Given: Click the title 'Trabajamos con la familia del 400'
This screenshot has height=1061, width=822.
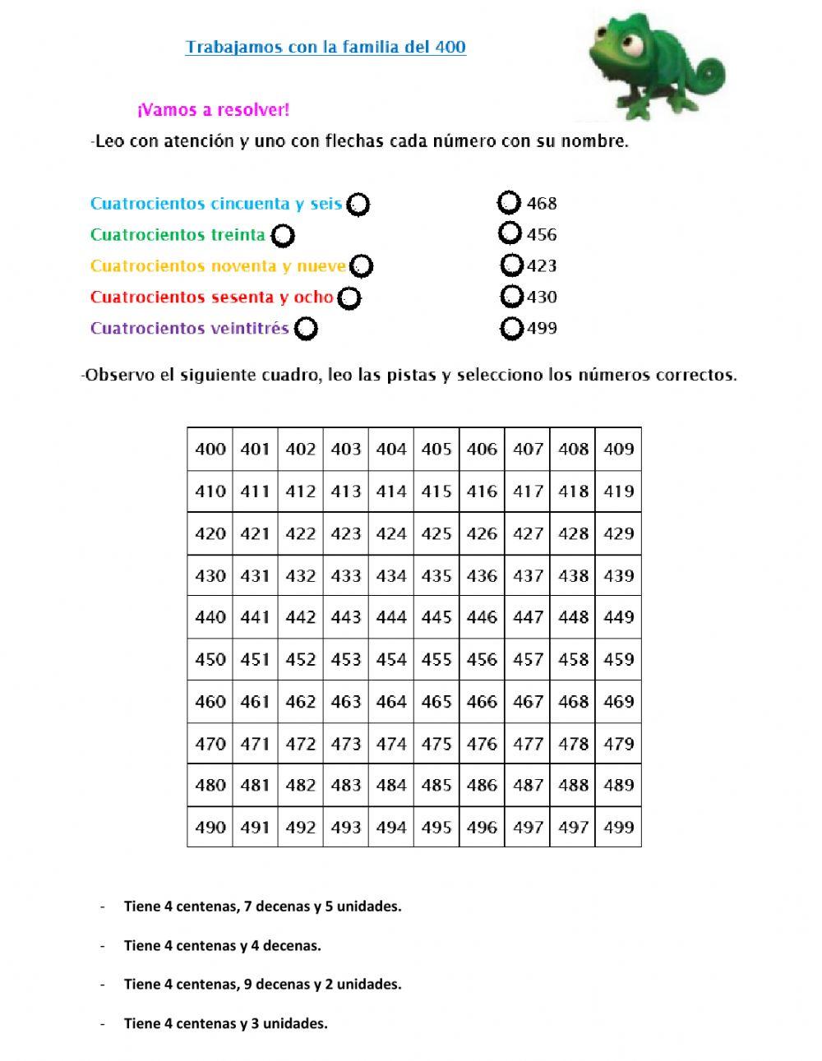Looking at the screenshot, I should click(326, 47).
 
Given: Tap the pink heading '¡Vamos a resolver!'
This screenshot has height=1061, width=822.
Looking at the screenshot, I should click(214, 109).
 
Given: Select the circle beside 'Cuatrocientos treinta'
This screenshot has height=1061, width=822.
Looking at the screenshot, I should click(283, 236).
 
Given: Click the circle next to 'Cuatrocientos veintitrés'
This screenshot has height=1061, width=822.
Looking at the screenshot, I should click(306, 329).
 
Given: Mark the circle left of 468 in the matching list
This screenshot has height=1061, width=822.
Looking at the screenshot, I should click(510, 202).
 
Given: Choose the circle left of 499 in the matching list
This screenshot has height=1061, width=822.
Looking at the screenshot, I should click(512, 329).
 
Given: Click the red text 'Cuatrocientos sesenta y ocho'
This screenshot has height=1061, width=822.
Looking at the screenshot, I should click(211, 297).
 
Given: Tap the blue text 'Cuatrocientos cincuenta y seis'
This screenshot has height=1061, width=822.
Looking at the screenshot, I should click(215, 203).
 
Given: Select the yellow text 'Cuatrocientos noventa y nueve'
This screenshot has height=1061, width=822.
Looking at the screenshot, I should click(218, 265).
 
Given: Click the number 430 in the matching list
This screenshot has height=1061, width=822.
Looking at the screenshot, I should click(542, 297).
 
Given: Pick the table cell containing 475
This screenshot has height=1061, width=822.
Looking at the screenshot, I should click(436, 744).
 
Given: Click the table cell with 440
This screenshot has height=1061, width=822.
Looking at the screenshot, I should click(210, 617).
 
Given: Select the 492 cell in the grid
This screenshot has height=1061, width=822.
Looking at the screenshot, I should click(301, 828).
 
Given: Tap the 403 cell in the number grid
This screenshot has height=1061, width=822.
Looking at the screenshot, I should click(346, 449).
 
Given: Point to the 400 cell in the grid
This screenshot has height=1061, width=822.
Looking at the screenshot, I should click(210, 449).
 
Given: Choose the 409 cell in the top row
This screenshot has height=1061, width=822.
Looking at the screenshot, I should click(618, 449).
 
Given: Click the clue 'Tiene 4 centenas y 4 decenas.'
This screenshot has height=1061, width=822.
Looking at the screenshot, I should click(222, 945).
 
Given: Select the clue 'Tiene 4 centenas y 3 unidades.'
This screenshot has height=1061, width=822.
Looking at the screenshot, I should click(225, 1023).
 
